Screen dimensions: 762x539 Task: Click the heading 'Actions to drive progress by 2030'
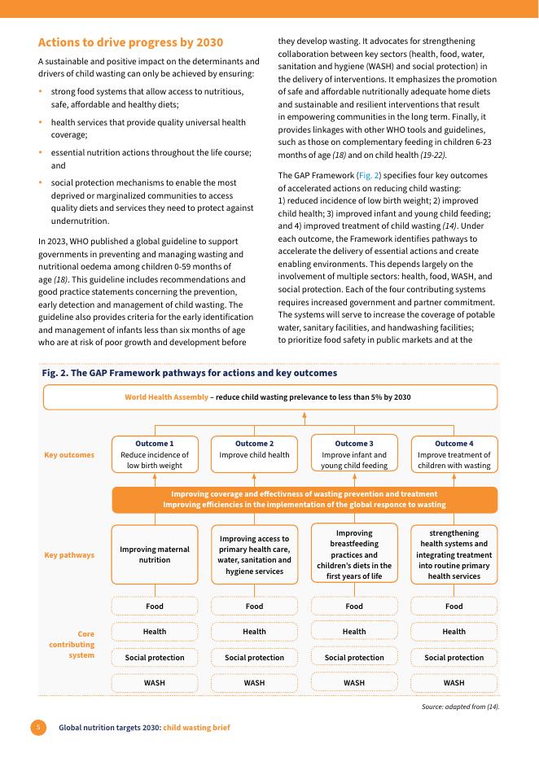click(x=131, y=42)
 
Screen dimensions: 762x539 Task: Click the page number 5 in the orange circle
click(x=37, y=726)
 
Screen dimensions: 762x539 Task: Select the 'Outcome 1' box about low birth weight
click(x=155, y=454)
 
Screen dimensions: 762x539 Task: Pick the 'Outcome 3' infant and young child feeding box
click(x=354, y=454)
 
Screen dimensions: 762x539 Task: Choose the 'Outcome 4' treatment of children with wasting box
click(x=454, y=454)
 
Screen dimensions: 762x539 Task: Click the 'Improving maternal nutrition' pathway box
click(x=155, y=554)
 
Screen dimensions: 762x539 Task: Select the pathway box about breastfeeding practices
click(x=354, y=554)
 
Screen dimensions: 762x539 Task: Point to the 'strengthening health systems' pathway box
click(x=454, y=554)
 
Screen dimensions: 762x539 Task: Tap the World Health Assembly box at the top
click(x=269, y=397)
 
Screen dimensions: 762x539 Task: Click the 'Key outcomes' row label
click(x=68, y=454)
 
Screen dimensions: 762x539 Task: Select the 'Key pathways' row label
click(x=68, y=554)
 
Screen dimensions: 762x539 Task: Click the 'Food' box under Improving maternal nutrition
click(x=155, y=606)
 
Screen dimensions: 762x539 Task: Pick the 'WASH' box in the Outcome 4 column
click(x=454, y=682)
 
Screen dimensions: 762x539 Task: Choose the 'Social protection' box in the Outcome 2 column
click(x=254, y=657)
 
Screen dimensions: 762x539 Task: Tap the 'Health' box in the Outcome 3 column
click(x=354, y=631)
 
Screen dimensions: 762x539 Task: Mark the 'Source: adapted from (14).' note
click(x=460, y=706)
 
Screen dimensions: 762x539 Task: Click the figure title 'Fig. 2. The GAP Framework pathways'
click(x=189, y=373)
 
